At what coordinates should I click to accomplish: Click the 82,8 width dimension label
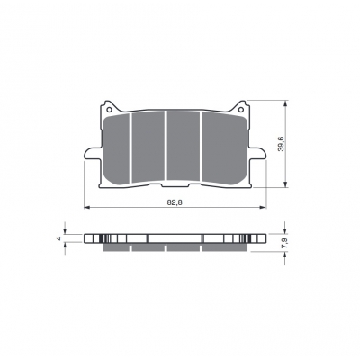pos(175,202)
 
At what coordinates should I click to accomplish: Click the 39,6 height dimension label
pos(281,144)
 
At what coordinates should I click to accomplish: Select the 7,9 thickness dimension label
pos(284,243)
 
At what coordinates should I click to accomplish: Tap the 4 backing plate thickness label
pos(59,238)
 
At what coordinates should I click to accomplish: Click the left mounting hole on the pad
pos(109,109)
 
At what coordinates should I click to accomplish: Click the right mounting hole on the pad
pos(241,109)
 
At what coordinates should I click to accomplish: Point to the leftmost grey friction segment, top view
pos(116,148)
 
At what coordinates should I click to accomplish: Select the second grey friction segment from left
pos(148,147)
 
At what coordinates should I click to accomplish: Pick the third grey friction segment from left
pos(184,146)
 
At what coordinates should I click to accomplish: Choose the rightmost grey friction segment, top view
pos(224,148)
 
